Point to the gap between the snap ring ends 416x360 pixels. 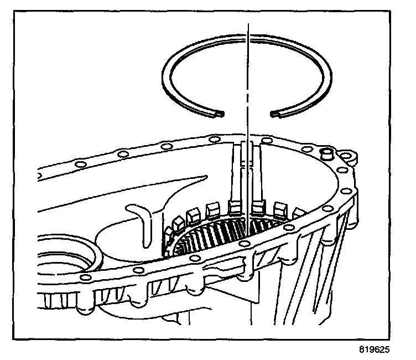246,115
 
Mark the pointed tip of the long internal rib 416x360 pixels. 205,177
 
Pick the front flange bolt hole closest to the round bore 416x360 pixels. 85,276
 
